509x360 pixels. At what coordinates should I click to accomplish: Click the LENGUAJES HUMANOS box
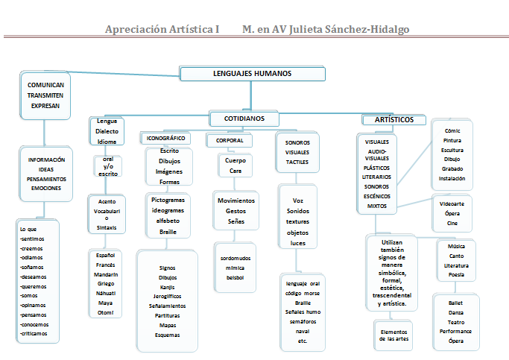252,74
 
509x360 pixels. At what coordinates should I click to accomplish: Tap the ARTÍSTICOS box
393,120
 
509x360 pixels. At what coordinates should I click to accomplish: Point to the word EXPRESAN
45,106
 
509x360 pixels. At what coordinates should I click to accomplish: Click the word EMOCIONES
46,189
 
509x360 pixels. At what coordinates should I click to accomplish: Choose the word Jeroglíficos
168,296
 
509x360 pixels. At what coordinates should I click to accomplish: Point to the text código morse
302,293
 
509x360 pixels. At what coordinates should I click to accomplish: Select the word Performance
455,331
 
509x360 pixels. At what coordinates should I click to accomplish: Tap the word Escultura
452,150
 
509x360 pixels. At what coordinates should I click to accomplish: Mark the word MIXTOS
377,205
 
